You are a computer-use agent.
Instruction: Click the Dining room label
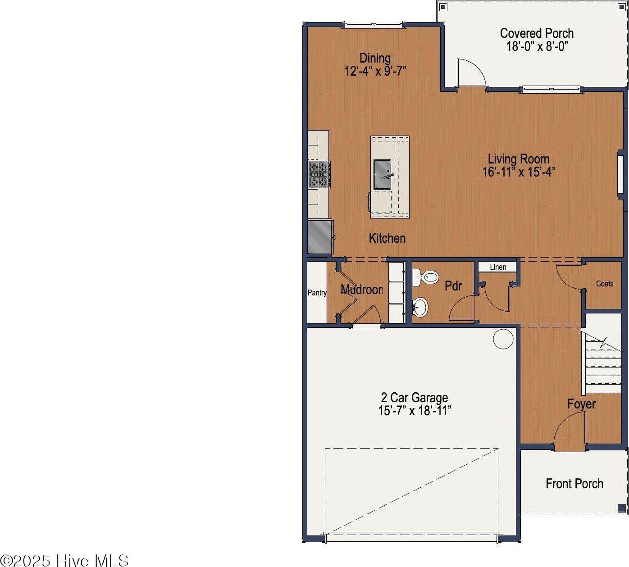tap(375, 58)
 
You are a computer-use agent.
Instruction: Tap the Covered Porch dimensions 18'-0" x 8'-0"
tap(537, 46)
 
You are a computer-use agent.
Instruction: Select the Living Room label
tap(519, 159)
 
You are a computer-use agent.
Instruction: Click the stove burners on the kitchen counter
tap(319, 174)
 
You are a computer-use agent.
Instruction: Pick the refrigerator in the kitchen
tap(320, 236)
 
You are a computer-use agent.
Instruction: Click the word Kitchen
tap(387, 238)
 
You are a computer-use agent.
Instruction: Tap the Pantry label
tap(317, 293)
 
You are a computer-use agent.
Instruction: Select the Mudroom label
tap(362, 290)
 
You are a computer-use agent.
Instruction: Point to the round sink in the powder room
tap(421, 307)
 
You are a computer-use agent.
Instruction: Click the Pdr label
tap(453, 286)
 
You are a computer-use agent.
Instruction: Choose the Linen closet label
tap(498, 267)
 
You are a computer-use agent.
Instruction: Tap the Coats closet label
tap(605, 284)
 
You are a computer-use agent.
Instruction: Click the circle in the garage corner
tap(503, 339)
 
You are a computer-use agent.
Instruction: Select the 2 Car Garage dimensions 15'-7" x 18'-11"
tap(415, 411)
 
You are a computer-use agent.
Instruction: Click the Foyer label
tap(581, 404)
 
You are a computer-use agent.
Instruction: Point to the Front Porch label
tap(574, 484)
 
